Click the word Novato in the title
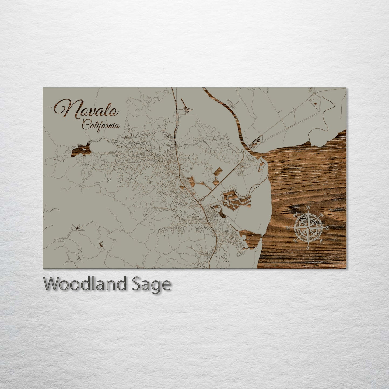click(x=86, y=109)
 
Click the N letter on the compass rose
click(x=309, y=207)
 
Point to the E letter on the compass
click(x=327, y=228)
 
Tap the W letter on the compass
click(x=288, y=228)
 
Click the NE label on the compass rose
click(x=321, y=215)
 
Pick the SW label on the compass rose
click(x=295, y=241)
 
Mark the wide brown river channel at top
click(x=232, y=113)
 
